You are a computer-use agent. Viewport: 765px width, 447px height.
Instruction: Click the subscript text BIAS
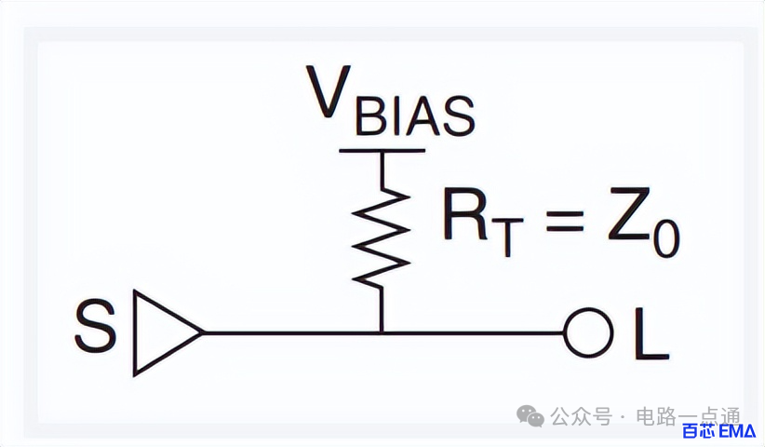pos(415,116)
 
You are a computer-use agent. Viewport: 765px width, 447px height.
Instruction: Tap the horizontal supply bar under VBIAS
pos(382,151)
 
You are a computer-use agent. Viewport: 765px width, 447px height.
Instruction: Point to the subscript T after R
pos(507,237)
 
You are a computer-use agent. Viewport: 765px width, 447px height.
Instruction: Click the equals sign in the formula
pos(565,222)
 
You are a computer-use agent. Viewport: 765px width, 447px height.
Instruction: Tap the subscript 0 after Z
pos(666,238)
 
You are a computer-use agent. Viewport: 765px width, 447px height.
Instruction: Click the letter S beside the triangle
pos(95,326)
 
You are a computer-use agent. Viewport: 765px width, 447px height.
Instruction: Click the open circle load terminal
pos(588,332)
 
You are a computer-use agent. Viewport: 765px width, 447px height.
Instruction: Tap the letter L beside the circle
pos(651,334)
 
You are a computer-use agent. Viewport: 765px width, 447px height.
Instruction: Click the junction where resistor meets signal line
pos(382,332)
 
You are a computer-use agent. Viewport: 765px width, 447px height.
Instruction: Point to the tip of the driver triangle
pos(203,333)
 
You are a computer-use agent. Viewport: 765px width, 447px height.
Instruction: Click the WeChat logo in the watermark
pos(530,416)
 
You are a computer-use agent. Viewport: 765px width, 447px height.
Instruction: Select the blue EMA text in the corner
pos(737,431)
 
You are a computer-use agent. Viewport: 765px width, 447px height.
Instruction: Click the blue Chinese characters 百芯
pos(699,431)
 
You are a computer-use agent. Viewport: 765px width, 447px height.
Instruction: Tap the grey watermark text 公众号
pos(581,417)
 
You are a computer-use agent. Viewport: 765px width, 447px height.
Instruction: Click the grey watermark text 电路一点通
pos(688,417)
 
